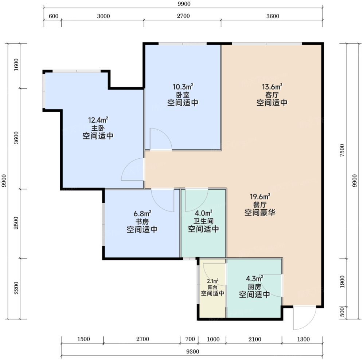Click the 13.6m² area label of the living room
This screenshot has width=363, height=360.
[x=272, y=87]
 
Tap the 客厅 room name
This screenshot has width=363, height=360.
[x=272, y=95]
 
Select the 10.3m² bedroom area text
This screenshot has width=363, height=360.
[x=183, y=87]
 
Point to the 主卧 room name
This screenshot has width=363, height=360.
[x=98, y=128]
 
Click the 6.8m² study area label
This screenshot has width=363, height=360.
[x=143, y=213]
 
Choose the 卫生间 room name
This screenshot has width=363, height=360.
[x=203, y=221]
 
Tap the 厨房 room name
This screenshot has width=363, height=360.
[x=254, y=287]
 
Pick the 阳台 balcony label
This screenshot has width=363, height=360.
[x=212, y=288]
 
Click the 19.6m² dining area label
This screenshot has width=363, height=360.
[x=260, y=197]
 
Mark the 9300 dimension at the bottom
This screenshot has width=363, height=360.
[x=192, y=352]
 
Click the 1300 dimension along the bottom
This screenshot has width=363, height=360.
[x=303, y=339]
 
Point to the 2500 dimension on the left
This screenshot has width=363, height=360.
[x=16, y=223]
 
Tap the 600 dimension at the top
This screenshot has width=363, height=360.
[x=54, y=16]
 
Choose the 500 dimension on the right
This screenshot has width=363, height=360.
[x=342, y=312]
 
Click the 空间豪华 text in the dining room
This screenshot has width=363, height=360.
[x=260, y=212]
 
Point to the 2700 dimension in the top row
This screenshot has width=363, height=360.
[x=183, y=16]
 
